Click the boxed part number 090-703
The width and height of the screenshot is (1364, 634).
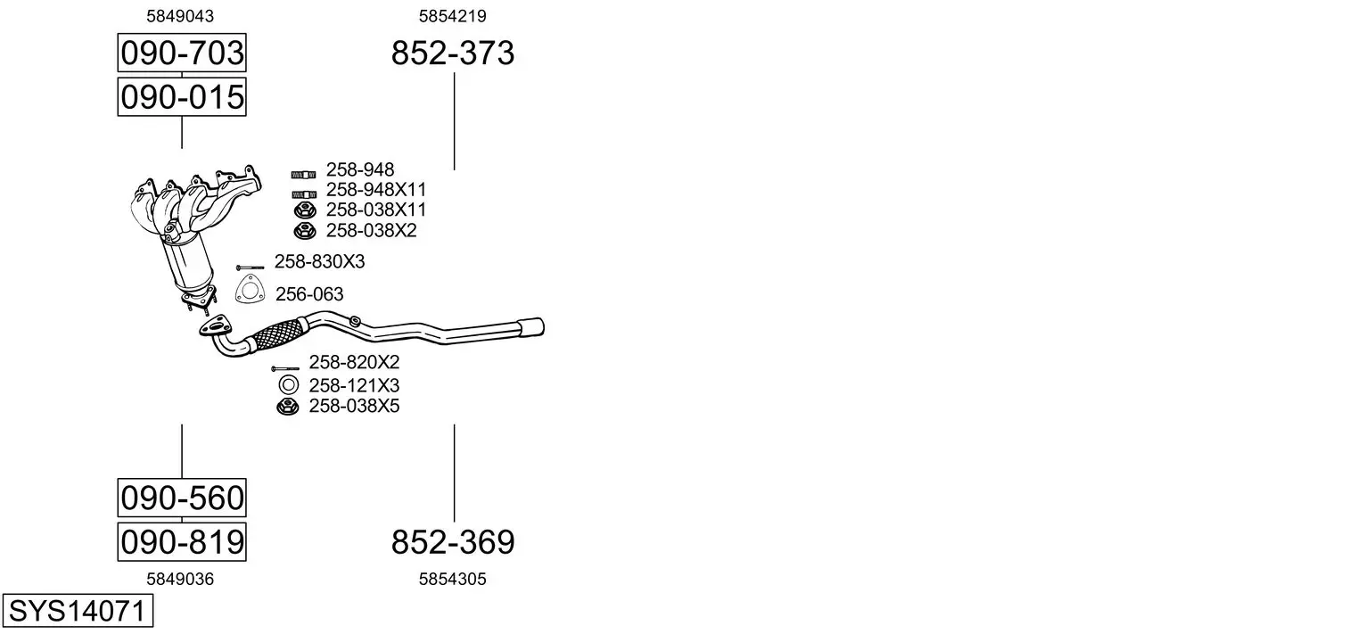(x=182, y=53)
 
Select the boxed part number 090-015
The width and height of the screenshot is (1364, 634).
(x=182, y=96)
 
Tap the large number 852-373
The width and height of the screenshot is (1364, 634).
(x=452, y=53)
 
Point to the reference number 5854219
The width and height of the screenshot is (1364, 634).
(x=452, y=16)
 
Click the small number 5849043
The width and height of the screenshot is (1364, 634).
(x=180, y=16)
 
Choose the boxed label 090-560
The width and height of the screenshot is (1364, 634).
(x=182, y=498)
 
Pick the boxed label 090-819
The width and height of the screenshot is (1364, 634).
(x=182, y=541)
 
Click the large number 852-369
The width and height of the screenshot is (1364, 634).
(x=452, y=542)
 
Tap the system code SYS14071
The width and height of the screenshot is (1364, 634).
(x=78, y=611)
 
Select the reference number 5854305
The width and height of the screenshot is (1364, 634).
(x=452, y=579)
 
